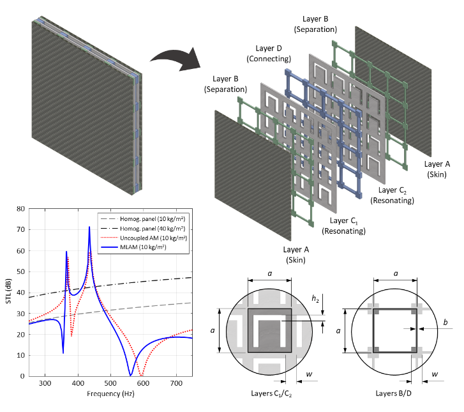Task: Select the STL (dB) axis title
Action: click(8, 293)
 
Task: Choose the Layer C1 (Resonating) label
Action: click(343, 225)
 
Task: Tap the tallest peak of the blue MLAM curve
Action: click(89, 227)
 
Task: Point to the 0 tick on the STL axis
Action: click(23, 376)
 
